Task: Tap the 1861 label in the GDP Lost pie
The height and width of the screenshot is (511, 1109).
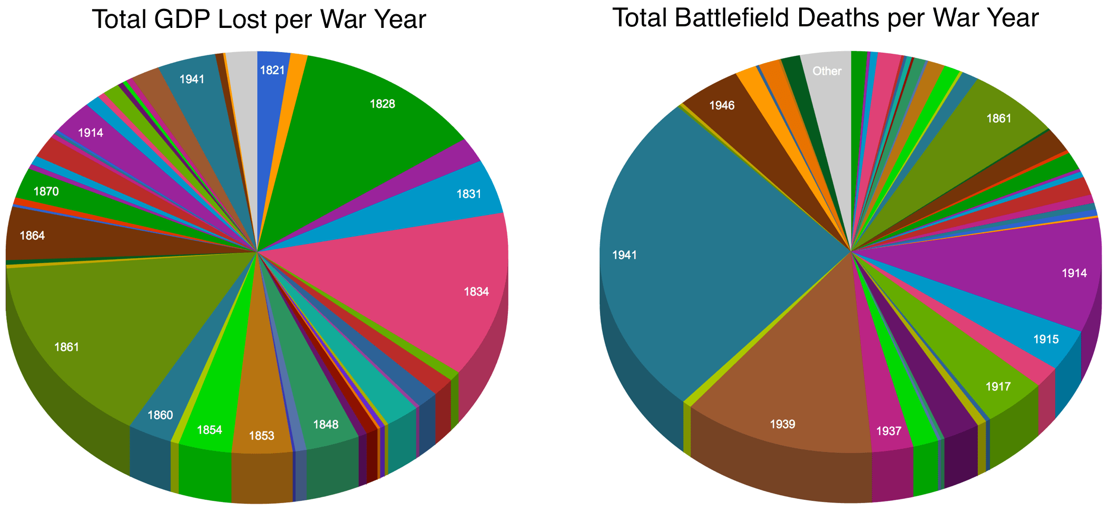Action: pyautogui.click(x=67, y=347)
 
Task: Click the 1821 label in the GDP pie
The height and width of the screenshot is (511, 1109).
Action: pyautogui.click(x=272, y=70)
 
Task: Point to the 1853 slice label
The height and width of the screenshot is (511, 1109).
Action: pyautogui.click(x=261, y=436)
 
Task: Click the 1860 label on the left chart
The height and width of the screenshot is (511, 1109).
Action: pyautogui.click(x=160, y=415)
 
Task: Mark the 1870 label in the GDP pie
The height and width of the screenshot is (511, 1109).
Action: pyautogui.click(x=46, y=192)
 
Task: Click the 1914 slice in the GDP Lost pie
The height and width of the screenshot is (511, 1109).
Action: pyautogui.click(x=91, y=133)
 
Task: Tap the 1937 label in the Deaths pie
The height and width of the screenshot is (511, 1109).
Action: pyautogui.click(x=889, y=431)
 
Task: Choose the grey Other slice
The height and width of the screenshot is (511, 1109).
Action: pyautogui.click(x=827, y=71)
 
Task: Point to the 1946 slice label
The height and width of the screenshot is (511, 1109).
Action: pyautogui.click(x=722, y=105)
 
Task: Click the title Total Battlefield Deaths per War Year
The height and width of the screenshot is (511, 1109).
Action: pyautogui.click(x=826, y=18)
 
